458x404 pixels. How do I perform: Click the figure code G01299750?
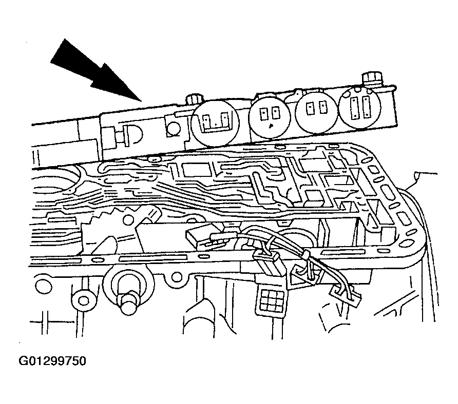tap(52, 361)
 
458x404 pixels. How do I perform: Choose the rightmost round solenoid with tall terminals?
tap(360, 107)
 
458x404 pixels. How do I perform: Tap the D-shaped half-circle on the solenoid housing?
tap(133, 135)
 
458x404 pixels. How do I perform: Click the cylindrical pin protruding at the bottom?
tap(128, 304)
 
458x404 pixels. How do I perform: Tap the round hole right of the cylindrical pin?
tap(176, 277)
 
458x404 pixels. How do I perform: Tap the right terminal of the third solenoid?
tap(323, 108)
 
